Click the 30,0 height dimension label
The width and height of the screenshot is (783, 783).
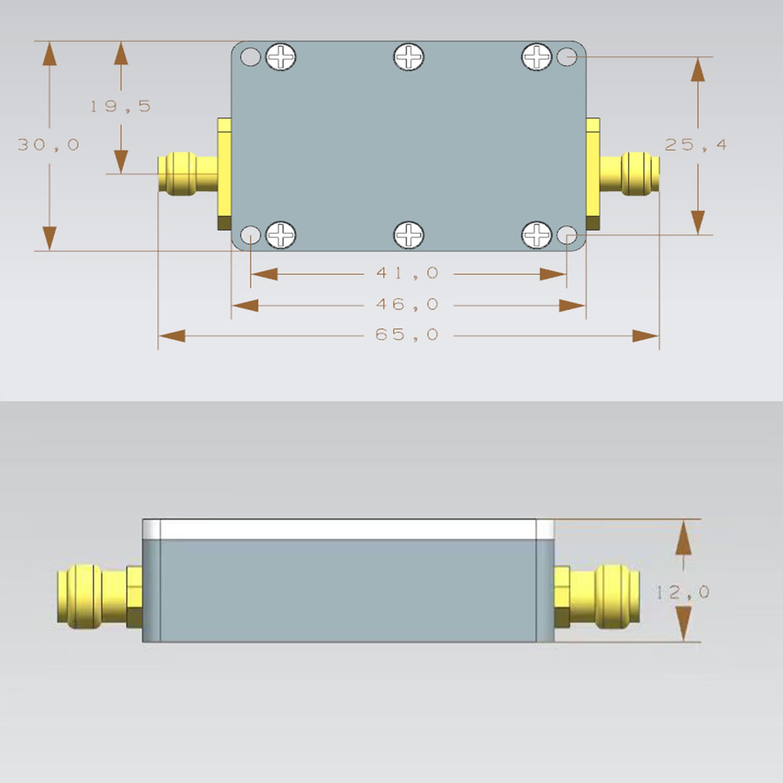click(49, 145)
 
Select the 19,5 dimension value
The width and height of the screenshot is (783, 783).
click(120, 106)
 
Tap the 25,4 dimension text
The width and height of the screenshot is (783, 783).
click(696, 145)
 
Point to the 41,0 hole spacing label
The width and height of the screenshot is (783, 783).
click(407, 273)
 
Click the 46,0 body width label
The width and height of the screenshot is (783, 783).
click(407, 305)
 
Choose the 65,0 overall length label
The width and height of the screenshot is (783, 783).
click(407, 335)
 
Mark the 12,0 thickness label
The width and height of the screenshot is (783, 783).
click(683, 592)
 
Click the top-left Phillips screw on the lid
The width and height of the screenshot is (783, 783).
click(281, 56)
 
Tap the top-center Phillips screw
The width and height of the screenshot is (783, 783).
click(409, 56)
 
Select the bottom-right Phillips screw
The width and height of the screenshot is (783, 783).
click(536, 235)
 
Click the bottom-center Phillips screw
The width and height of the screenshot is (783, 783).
click(409, 235)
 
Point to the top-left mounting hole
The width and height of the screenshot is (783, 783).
click(250, 56)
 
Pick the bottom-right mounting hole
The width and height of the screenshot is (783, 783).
click(567, 235)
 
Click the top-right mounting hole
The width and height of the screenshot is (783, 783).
click(567, 56)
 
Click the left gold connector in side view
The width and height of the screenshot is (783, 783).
click(92, 596)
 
